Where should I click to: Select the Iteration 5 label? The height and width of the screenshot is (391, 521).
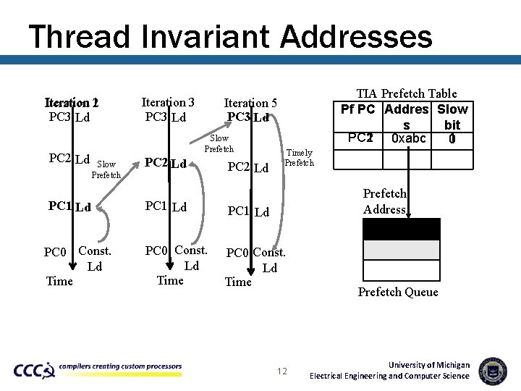coord(250,104)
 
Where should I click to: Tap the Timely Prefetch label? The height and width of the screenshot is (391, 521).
coord(300,158)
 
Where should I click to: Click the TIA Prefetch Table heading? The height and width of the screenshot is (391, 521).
coord(407,93)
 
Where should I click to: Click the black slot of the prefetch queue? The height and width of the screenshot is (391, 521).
coord(400,229)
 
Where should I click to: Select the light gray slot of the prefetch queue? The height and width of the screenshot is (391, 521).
coord(400,250)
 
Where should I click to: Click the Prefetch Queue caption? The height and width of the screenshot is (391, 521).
coord(398,292)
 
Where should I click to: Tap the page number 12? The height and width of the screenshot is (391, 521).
coord(282,371)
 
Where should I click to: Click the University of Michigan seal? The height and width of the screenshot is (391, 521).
coord(493,371)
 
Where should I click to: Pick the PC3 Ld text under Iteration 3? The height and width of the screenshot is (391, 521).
coord(166,117)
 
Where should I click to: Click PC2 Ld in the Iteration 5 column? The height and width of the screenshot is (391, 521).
coord(248,168)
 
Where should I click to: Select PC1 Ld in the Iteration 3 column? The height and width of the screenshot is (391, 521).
coord(166,206)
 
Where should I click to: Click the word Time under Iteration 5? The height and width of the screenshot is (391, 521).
coord(238,282)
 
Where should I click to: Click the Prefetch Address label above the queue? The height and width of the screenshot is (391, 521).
coord(385,201)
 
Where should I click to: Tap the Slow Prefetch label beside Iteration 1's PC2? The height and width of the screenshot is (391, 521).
coord(106,169)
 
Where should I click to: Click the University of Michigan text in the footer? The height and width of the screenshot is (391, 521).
coord(429,365)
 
